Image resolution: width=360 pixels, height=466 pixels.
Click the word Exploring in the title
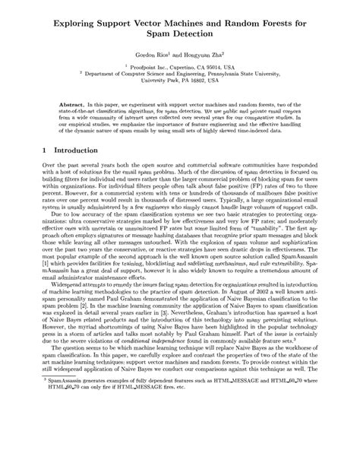pyautogui.click(x=80, y=24)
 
